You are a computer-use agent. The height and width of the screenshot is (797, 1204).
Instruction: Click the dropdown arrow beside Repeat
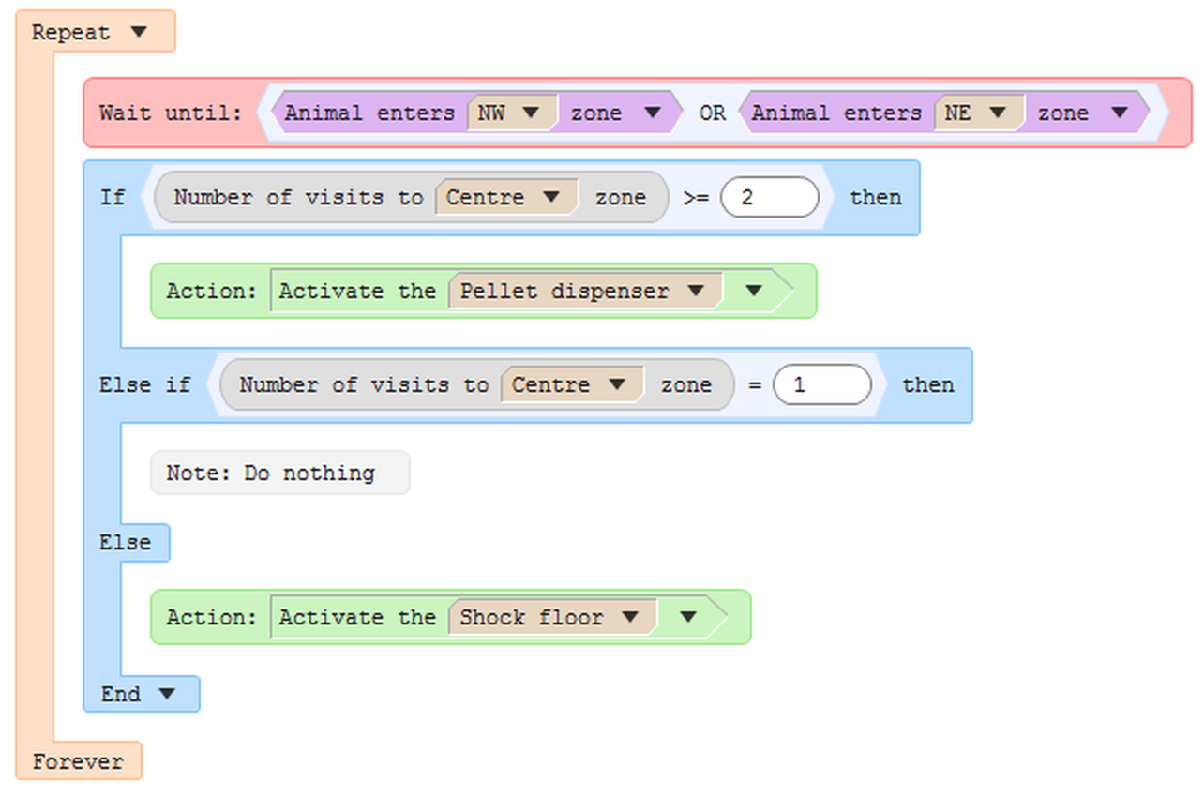pos(139,32)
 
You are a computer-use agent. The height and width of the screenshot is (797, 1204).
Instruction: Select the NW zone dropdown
pos(512,113)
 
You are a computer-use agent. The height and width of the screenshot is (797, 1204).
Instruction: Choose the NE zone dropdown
pos(979,113)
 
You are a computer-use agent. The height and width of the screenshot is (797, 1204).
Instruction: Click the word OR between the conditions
pos(713,113)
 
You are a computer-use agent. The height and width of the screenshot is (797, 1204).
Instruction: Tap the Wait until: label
pos(171,113)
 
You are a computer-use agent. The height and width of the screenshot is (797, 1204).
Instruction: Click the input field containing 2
pos(770,197)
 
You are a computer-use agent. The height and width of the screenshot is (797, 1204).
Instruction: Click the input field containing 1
pos(821,384)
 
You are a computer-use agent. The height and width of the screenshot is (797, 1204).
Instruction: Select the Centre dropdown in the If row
pos(506,197)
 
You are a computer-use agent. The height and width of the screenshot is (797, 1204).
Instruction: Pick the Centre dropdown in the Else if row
pos(572,384)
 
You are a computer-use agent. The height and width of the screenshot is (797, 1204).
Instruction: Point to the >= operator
pos(696,198)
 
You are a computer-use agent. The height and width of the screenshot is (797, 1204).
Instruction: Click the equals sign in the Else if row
pos(754,385)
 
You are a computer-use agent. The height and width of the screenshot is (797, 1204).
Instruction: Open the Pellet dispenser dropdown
pos(585,291)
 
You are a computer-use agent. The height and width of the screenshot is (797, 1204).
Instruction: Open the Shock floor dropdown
pos(552,617)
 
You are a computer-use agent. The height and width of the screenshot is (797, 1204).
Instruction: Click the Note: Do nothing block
pos(280,473)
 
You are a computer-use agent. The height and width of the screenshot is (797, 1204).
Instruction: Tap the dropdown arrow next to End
pos(167,693)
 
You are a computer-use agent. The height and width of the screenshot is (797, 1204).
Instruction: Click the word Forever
pos(78,761)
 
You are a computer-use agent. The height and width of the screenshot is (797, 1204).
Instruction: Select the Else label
pos(125,542)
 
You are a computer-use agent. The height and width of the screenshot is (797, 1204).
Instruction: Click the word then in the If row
pos(876,198)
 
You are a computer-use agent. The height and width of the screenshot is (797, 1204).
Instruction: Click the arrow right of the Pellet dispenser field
pos(754,291)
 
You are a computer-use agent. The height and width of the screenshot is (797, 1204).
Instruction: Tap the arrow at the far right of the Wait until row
pos(1120,113)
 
